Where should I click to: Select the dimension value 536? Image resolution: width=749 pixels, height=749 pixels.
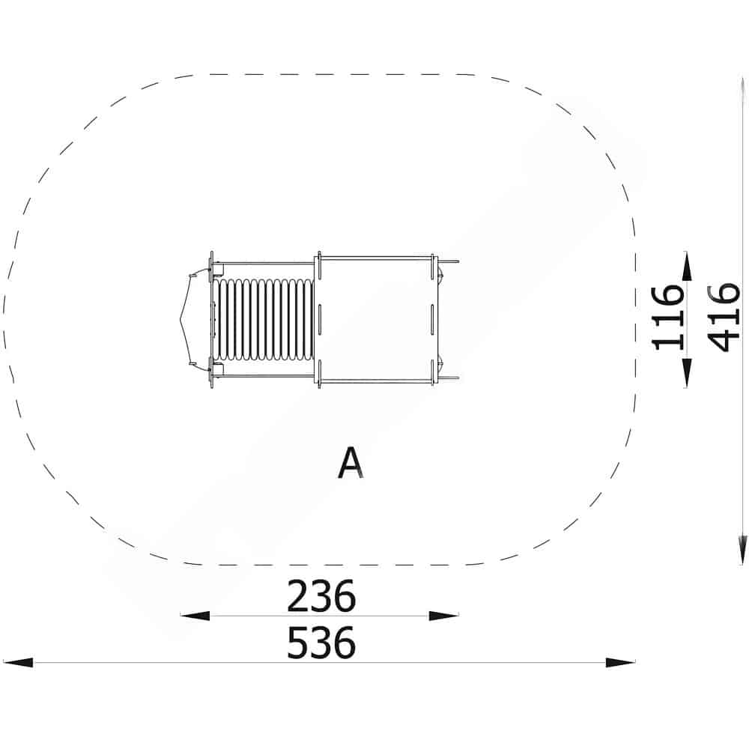coord(321,643)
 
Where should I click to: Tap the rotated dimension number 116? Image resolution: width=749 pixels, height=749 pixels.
coord(667,318)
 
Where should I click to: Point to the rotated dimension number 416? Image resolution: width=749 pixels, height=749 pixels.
coord(724,318)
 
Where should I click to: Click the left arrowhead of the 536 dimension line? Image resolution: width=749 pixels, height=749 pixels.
coord(18,663)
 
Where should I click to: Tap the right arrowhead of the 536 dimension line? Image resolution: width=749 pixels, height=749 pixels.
coord(620,663)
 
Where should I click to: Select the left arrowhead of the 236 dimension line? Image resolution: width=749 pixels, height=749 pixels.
coord(195,616)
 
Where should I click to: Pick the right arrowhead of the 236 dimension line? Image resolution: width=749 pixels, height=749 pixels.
coord(443,616)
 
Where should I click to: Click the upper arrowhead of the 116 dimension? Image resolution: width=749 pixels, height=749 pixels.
coord(686,266)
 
